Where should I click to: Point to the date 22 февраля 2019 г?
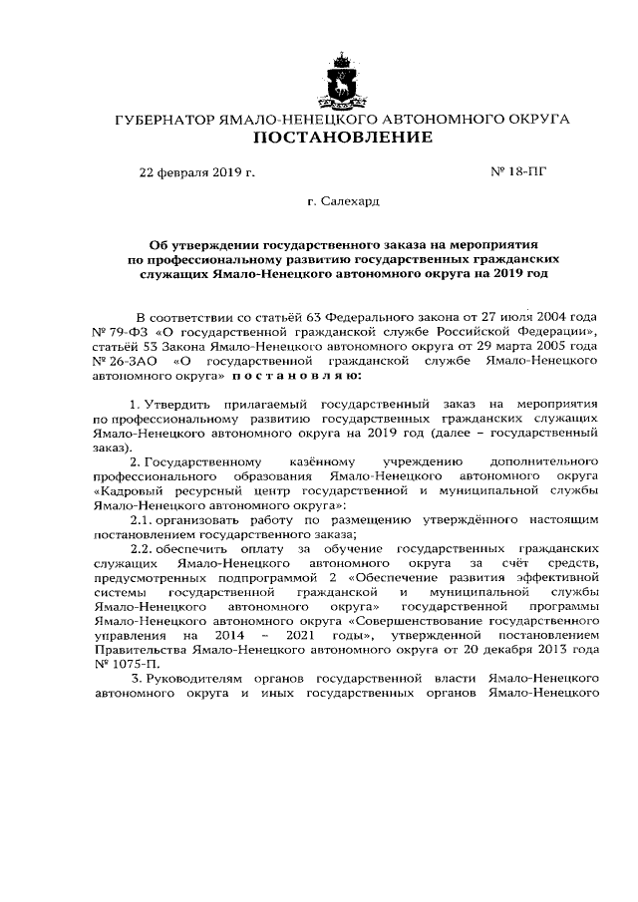[x=197, y=171]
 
